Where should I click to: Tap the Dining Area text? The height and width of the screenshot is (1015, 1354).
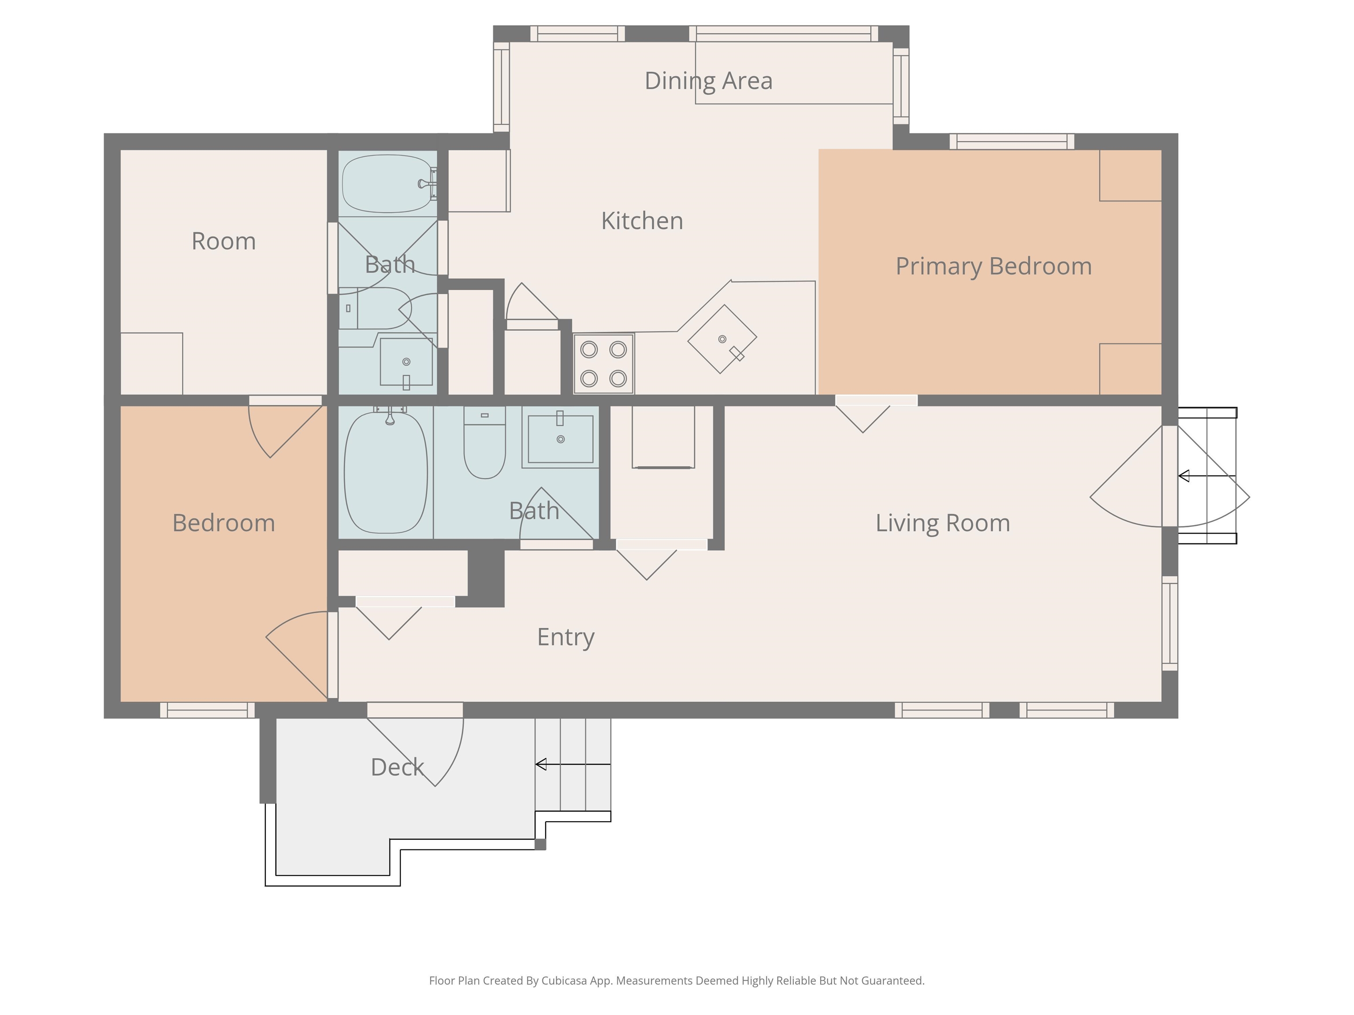coord(708,81)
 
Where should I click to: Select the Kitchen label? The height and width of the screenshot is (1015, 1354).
coord(642,221)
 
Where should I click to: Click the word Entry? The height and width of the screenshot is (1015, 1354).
coord(565,637)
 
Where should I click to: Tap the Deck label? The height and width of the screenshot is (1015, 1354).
coord(397,767)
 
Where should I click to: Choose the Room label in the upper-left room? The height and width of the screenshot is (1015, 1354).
coord(223,241)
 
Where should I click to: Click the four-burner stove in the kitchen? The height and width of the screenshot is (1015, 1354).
coord(603,364)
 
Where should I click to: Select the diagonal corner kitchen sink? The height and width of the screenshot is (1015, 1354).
coord(722,339)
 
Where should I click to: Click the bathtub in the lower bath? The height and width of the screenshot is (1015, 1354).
coord(386,472)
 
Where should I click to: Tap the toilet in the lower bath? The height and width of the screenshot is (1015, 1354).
coord(485,442)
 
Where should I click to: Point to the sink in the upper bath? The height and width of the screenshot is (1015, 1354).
coord(406,362)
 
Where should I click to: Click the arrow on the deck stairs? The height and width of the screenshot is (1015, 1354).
coord(573,764)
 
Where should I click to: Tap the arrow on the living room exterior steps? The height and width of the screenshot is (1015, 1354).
coord(1207,476)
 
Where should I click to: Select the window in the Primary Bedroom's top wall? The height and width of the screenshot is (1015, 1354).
coord(1012,142)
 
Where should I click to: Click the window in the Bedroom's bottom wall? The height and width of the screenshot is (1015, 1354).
coord(208,710)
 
